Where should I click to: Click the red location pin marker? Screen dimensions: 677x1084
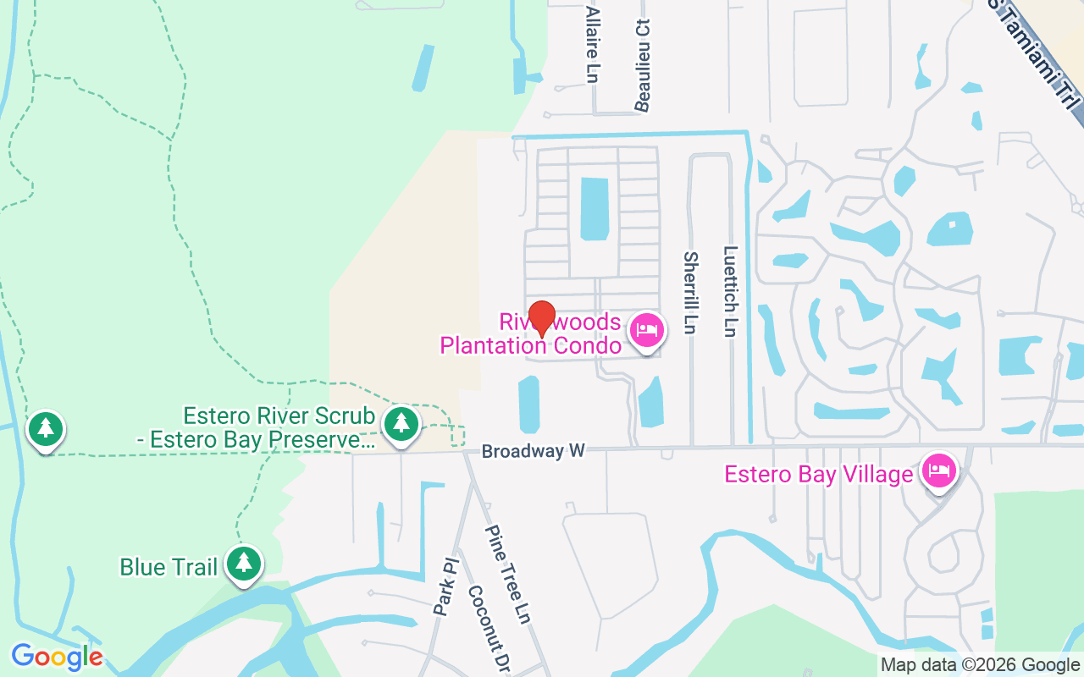click(x=542, y=319)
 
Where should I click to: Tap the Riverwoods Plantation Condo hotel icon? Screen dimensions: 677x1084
click(x=647, y=330)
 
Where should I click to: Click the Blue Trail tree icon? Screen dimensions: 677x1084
click(x=244, y=563)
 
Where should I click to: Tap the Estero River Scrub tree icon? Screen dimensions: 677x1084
click(x=401, y=423)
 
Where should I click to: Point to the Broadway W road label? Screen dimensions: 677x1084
click(x=533, y=452)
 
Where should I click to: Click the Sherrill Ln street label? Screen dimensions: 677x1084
click(x=690, y=292)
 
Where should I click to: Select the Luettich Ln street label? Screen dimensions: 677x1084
click(x=730, y=291)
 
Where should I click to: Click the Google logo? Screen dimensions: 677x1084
click(x=57, y=656)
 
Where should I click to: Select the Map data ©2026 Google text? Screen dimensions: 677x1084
click(x=980, y=665)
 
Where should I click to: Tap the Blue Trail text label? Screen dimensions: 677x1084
click(x=169, y=566)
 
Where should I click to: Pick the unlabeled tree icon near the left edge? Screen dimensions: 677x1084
click(x=45, y=429)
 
